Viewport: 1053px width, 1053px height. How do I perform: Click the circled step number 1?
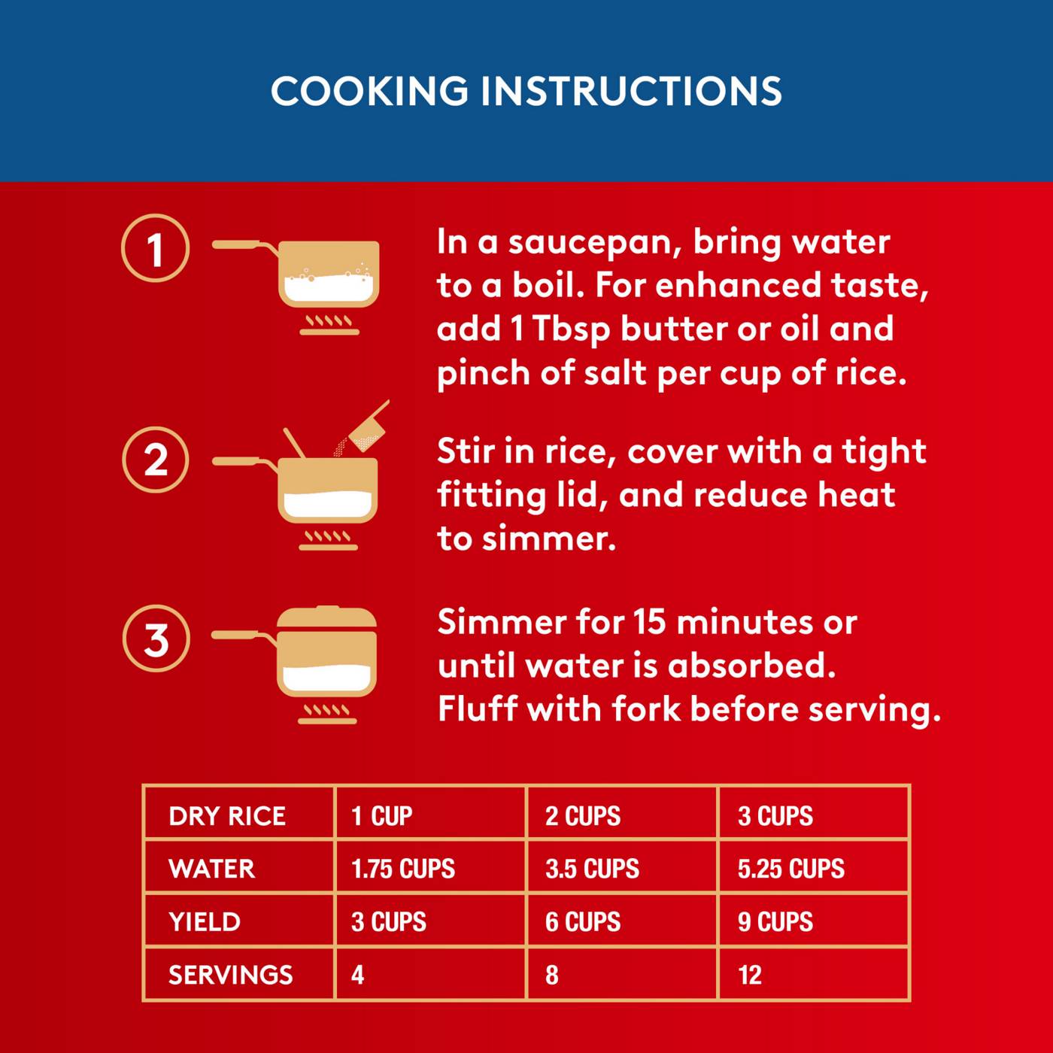click(155, 249)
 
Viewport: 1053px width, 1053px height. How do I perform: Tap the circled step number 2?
click(155, 460)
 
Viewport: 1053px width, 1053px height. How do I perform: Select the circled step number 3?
click(156, 639)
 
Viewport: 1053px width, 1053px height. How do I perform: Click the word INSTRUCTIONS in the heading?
click(631, 91)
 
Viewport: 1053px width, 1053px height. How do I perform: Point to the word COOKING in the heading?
click(369, 91)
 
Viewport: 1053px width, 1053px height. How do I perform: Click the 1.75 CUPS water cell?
click(403, 869)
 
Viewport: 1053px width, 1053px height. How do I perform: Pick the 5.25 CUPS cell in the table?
click(791, 869)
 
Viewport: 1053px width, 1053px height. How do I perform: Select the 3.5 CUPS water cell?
click(592, 869)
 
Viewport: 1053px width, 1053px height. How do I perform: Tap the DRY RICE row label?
click(227, 816)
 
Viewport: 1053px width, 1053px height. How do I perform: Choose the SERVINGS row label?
click(230, 975)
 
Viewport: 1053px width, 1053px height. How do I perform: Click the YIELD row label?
click(205, 921)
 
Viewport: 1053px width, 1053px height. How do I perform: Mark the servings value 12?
click(750, 975)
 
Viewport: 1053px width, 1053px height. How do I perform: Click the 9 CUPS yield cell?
click(775, 921)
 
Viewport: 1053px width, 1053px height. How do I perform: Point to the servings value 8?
click(552, 975)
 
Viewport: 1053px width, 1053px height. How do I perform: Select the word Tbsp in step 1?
click(571, 329)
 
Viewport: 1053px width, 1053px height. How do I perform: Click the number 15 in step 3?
click(649, 622)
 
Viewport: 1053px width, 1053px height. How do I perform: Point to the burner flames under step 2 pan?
click(328, 537)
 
